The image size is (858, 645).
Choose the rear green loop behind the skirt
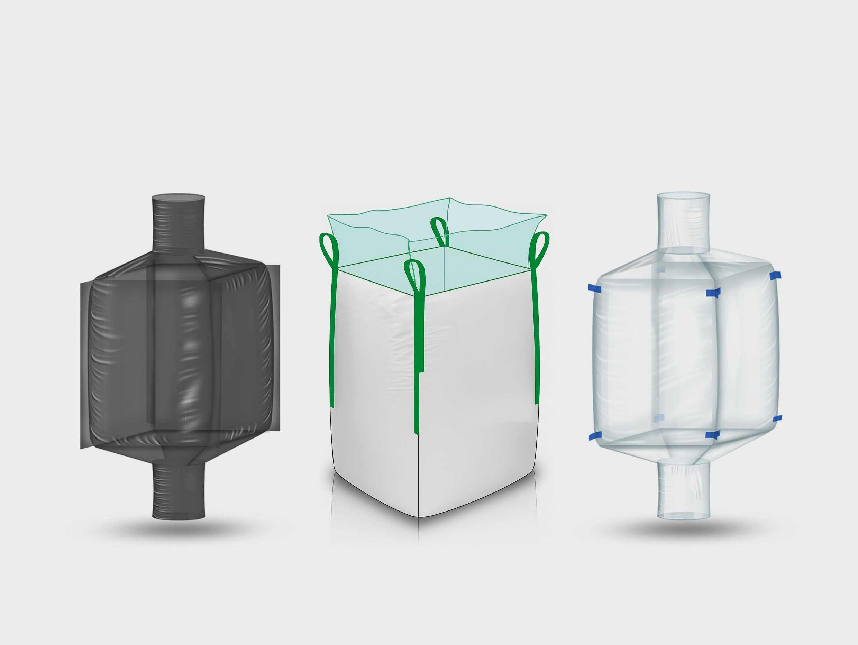[440, 230]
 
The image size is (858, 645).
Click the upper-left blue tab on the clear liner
[595, 288]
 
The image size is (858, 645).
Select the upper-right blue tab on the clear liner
[774, 275]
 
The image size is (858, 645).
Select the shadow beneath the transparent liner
[683, 529]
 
